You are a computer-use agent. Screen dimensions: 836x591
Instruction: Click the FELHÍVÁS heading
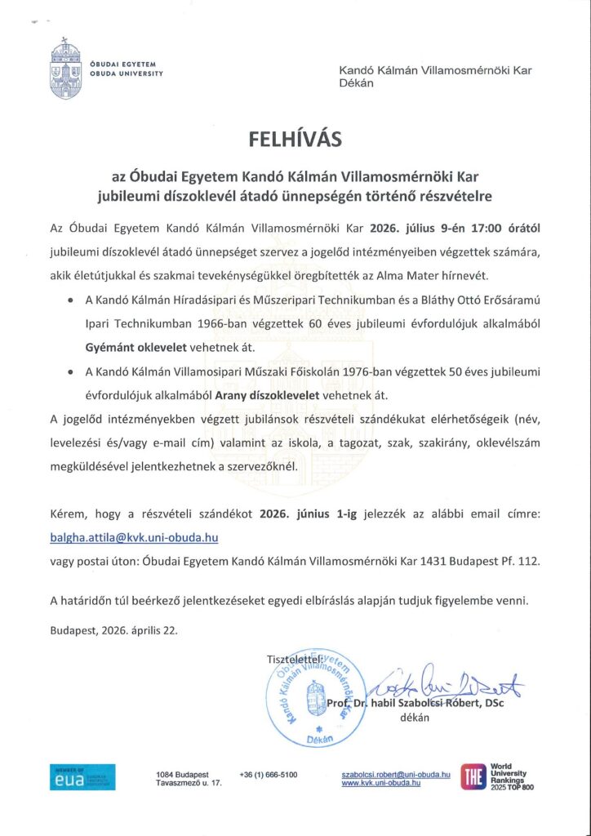(x=295, y=140)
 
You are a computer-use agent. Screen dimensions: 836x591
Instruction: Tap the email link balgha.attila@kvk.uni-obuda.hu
(x=134, y=538)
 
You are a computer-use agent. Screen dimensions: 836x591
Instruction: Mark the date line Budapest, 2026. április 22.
(x=113, y=630)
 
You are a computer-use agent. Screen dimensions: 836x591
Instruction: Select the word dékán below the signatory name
(x=415, y=719)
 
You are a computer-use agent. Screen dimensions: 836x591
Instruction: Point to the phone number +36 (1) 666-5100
(x=269, y=774)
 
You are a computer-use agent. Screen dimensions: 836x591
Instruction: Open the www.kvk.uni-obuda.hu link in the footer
(x=380, y=783)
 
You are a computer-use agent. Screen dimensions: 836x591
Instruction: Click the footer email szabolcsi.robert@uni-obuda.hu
(x=396, y=773)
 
